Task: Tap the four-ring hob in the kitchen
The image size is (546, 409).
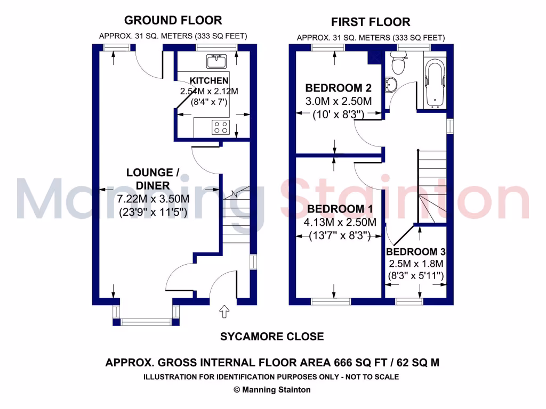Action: click(x=221, y=127)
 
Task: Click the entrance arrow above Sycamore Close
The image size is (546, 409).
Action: click(x=224, y=311)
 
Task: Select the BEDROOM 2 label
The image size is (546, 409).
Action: click(x=338, y=87)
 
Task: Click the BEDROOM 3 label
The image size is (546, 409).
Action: click(x=416, y=252)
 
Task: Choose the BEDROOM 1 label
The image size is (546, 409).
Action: click(x=340, y=208)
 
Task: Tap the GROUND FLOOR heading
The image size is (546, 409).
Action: click(x=173, y=20)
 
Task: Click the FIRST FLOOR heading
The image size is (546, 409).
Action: click(x=371, y=22)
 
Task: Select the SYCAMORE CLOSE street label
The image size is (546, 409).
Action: click(x=272, y=337)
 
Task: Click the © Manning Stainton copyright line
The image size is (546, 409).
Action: click(x=272, y=389)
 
